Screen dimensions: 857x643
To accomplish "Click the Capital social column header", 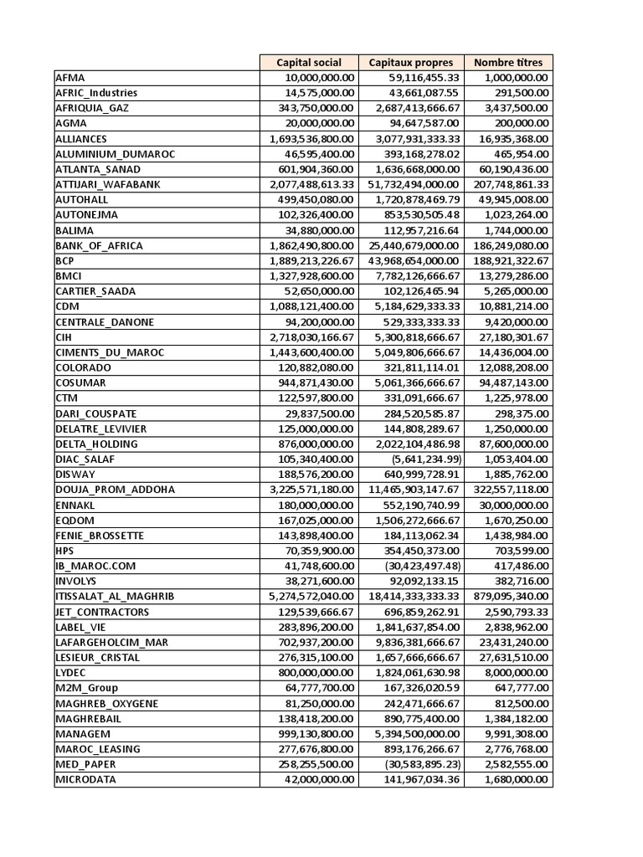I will [309, 62].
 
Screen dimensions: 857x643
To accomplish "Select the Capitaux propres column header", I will [411, 62].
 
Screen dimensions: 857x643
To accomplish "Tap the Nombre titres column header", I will [508, 62].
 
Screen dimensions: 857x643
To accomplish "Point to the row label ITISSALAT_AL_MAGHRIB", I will [108, 597].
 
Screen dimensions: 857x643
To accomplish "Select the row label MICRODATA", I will [85, 780].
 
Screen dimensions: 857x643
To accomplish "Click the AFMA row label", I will [70, 78].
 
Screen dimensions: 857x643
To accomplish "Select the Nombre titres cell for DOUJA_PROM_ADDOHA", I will [511, 490].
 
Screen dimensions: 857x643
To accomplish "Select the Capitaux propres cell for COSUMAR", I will [414, 383].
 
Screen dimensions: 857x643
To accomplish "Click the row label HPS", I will [65, 551].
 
